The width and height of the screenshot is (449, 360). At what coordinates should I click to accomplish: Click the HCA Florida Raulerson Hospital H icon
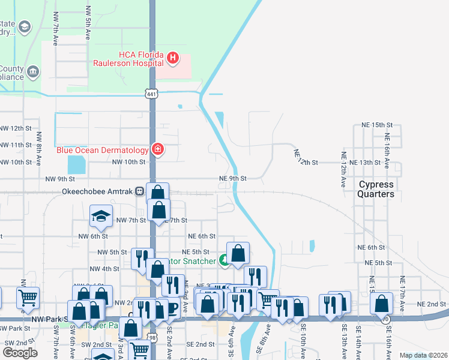point(173,58)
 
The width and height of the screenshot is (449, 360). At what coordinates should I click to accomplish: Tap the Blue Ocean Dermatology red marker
point(157,149)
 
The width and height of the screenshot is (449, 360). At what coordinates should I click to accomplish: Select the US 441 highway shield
point(151,93)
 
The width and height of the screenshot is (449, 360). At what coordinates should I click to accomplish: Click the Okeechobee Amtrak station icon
point(139,191)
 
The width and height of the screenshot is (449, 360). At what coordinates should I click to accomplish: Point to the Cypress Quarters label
point(376,189)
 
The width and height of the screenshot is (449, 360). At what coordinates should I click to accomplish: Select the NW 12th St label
point(17,128)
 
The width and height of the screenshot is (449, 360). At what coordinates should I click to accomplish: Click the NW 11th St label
point(17,145)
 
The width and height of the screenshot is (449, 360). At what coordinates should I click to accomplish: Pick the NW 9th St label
point(60,179)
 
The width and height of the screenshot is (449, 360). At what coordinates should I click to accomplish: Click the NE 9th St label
point(233,178)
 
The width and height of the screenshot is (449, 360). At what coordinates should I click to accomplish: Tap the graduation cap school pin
point(101,217)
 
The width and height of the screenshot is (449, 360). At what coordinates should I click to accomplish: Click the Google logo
point(20,352)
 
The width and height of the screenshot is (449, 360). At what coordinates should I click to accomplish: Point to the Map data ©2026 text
point(423,355)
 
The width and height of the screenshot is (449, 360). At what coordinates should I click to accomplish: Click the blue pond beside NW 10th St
point(77,164)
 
